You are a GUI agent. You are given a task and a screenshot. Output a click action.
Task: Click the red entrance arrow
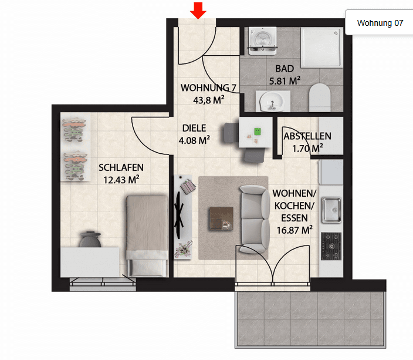click(198, 10)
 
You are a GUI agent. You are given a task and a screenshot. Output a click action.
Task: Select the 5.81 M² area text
click(285, 81)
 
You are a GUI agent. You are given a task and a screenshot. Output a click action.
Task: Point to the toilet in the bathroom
click(320, 97)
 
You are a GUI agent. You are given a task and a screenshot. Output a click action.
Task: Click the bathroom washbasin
click(272, 100)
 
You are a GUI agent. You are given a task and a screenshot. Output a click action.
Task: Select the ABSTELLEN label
click(307, 136)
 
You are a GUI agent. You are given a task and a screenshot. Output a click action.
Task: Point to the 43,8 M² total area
click(209, 100)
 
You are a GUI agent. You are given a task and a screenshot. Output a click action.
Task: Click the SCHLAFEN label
click(121, 167)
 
